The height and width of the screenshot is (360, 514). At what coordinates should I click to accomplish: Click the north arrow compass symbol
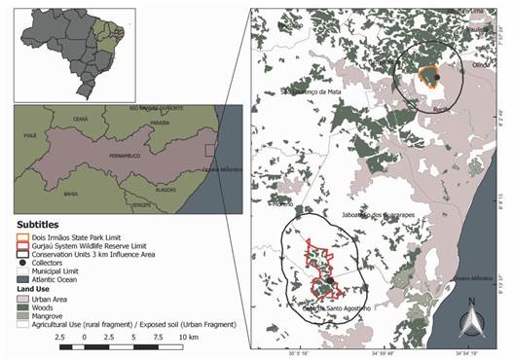(x=471, y=317)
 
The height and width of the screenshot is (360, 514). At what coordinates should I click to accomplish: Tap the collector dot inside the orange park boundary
(x=437, y=77)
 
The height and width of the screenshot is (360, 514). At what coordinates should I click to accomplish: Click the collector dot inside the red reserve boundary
(x=330, y=280)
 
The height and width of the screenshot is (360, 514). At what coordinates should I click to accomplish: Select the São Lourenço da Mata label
(x=312, y=92)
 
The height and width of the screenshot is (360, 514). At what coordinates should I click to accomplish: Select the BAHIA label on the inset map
(x=45, y=194)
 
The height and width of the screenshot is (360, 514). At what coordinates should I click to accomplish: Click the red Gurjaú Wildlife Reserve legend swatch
(x=21, y=245)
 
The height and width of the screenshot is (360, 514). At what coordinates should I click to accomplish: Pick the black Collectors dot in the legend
(x=21, y=264)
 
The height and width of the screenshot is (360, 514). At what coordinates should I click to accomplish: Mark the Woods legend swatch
(x=21, y=308)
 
